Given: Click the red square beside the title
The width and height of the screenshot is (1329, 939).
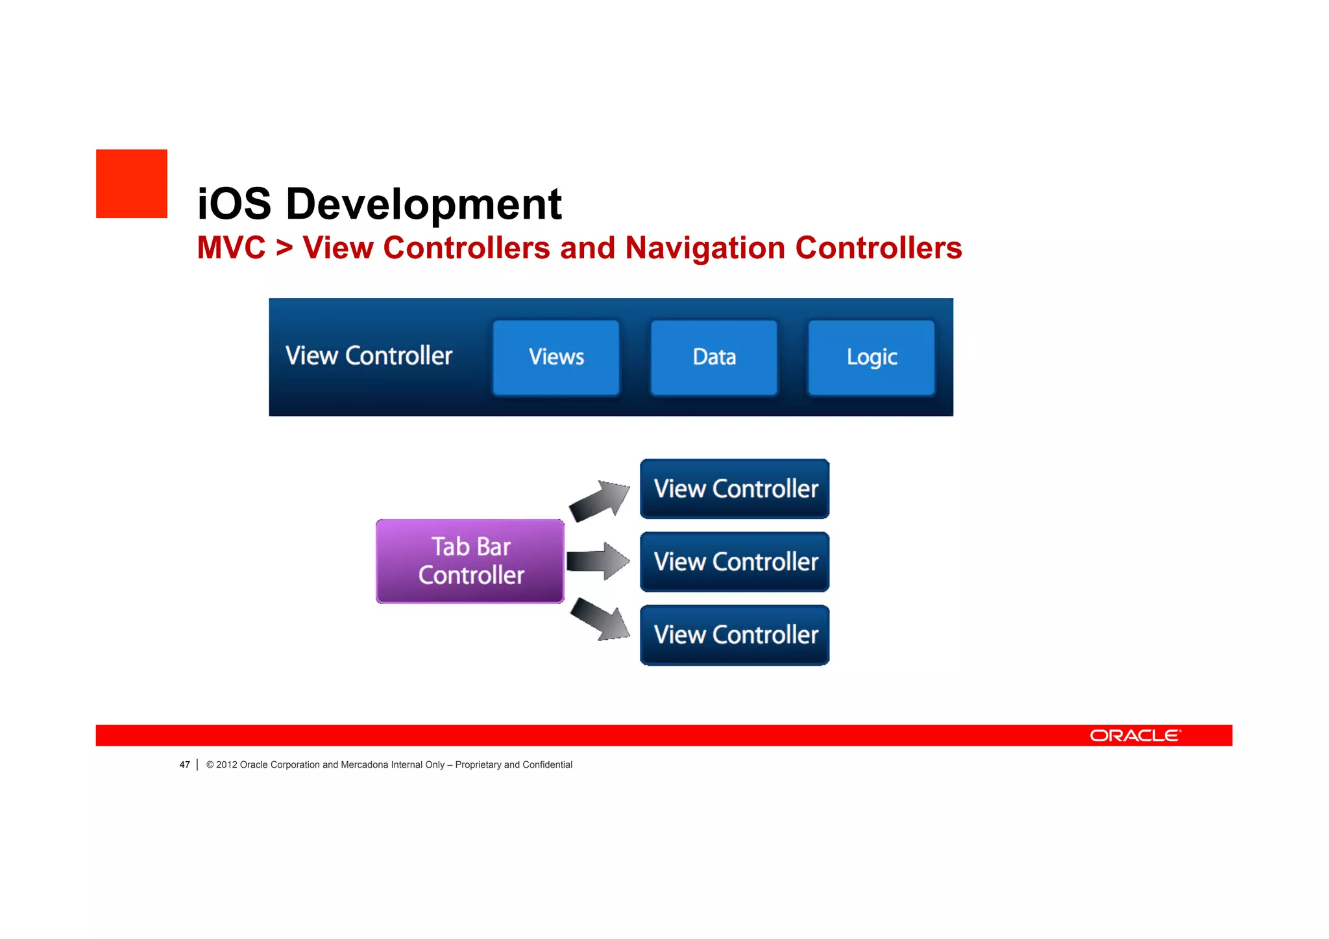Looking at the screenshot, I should coord(132,184).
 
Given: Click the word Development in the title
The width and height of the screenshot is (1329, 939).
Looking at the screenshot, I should coord(423,204).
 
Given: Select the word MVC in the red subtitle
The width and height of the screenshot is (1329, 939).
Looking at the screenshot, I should coord(231,248).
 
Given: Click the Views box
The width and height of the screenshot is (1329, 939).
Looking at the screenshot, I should coord(556,357).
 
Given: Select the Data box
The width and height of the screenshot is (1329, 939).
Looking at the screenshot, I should coord(714,357).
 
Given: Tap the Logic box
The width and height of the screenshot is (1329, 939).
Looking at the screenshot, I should coord(872,357).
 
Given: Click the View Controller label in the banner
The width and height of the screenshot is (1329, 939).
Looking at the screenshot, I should coord(369,356).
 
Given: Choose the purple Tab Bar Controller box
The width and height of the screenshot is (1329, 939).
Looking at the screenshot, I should coord(470,561).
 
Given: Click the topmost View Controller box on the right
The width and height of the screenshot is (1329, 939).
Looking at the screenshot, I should coord(735,489).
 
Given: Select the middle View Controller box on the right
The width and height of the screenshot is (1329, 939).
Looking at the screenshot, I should coord(735,562).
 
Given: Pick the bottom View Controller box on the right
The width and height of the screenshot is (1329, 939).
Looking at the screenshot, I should coord(735,635).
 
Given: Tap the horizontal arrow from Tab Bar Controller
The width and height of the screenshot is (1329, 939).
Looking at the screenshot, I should coord(597,561).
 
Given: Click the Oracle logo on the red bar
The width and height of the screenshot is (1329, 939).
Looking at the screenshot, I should coord(1135,735).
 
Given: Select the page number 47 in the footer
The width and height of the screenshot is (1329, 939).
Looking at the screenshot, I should coord(184,764).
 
